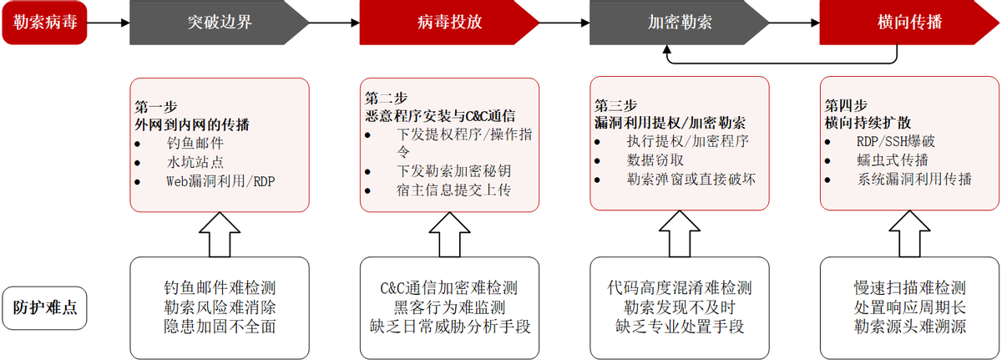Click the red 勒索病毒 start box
click(x=44, y=22)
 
